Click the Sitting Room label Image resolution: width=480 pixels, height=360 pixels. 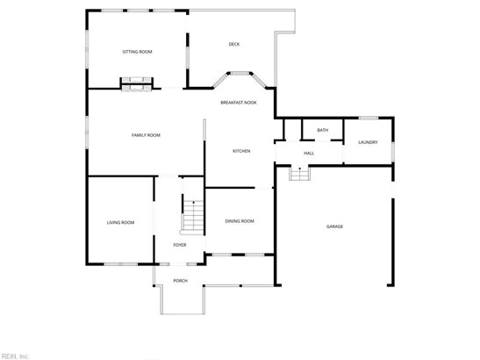click(x=137, y=52)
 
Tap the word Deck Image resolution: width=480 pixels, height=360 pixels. click(x=234, y=44)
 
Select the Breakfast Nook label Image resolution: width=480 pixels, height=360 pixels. click(x=239, y=103)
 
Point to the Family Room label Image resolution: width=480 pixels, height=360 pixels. click(x=146, y=135)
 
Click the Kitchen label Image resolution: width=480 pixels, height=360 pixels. click(x=241, y=151)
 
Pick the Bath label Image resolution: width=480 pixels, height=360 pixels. click(x=323, y=130)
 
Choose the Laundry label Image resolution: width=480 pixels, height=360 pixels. click(x=368, y=142)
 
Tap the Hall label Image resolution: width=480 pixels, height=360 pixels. click(x=309, y=153)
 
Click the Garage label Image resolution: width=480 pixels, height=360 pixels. click(x=334, y=227)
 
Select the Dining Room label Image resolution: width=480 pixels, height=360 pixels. click(x=240, y=221)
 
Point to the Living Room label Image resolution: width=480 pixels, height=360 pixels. click(x=120, y=222)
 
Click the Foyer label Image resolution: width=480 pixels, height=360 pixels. click(x=180, y=245)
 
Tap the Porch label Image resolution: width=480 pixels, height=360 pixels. click(x=180, y=281)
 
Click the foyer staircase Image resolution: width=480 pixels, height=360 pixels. click(x=192, y=217)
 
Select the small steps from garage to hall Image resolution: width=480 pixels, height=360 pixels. click(x=300, y=174)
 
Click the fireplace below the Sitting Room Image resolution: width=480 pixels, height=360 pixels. click(x=137, y=84)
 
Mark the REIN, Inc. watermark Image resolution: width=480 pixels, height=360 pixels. click(x=14, y=356)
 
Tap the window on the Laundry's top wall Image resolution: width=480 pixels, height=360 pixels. click(x=369, y=118)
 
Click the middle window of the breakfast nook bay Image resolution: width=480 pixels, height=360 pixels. click(x=240, y=73)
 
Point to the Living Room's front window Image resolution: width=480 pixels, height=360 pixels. click(x=121, y=263)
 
